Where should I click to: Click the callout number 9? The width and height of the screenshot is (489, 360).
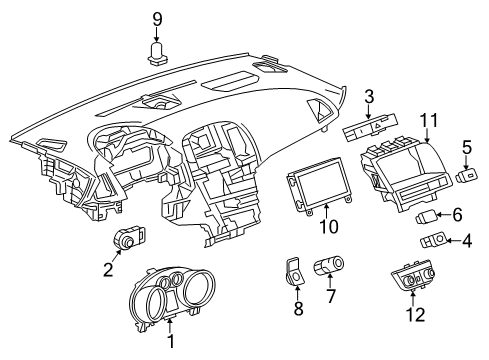point(156,17)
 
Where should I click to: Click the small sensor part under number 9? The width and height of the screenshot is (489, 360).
point(156,53)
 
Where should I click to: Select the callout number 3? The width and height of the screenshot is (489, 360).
point(369,96)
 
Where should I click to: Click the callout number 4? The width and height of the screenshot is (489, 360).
point(468,240)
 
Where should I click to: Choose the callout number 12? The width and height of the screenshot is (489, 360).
point(414,315)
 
